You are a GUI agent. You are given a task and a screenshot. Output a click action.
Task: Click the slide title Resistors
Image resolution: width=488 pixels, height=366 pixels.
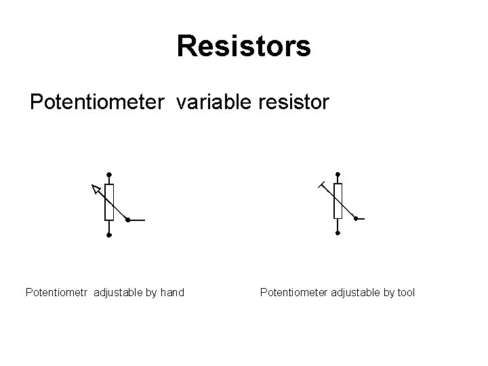tap(243, 47)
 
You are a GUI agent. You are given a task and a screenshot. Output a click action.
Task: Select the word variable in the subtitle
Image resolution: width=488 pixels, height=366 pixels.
tap(213, 103)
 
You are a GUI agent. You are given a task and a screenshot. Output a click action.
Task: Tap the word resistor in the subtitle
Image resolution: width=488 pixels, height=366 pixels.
tap(293, 103)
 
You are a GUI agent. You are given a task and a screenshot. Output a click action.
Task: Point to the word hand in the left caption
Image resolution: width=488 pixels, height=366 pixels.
tap(171, 293)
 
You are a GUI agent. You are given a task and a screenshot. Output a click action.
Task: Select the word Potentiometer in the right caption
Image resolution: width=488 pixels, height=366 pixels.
tap(293, 293)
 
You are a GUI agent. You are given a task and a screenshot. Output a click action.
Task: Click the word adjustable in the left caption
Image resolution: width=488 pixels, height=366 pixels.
tap(119, 293)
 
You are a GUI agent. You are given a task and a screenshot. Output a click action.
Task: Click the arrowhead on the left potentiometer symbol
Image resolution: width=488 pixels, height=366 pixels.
tap(97, 189)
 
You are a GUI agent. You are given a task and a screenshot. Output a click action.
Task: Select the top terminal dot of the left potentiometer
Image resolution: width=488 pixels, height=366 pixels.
tap(109, 174)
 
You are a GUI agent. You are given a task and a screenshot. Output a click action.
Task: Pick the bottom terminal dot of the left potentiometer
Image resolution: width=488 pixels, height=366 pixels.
tap(109, 235)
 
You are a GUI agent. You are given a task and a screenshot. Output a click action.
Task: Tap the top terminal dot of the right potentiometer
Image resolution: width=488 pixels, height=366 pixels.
tap(338, 173)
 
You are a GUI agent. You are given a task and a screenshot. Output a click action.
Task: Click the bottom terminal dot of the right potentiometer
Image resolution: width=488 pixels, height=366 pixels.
tap(338, 234)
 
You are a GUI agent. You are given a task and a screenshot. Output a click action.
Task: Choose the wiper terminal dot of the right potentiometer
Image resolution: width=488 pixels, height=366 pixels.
tap(356, 218)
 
